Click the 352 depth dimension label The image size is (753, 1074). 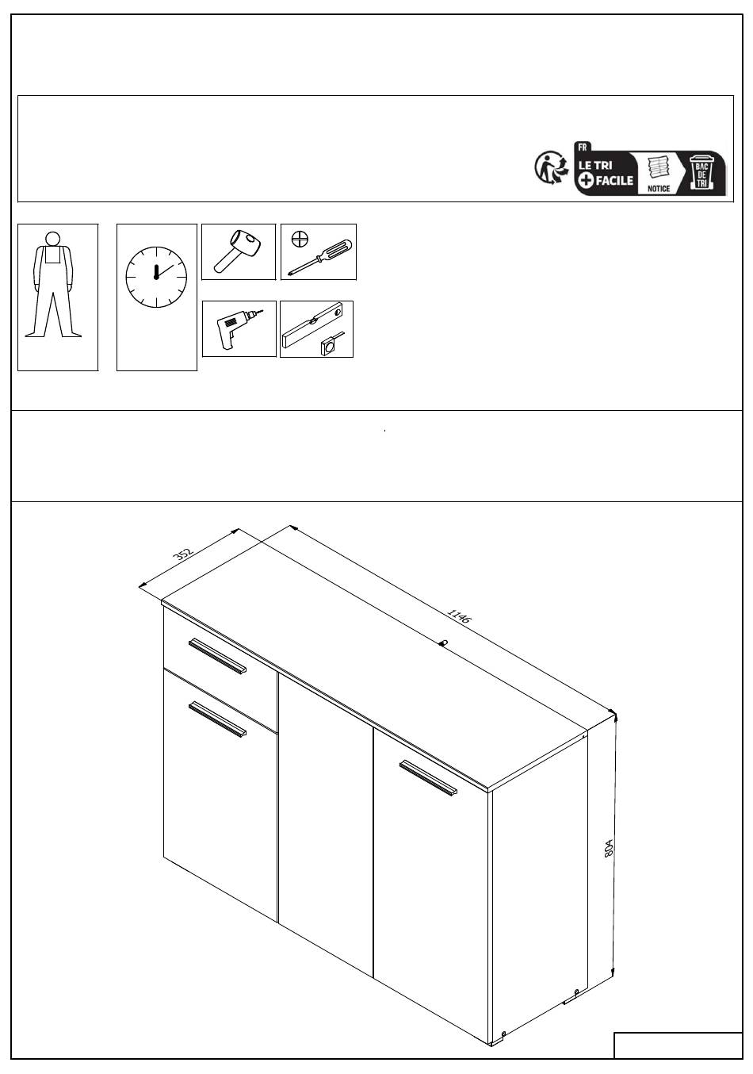pos(182,554)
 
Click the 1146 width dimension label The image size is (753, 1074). pos(460,616)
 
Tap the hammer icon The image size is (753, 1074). pos(238,251)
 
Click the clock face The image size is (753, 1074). pos(157,277)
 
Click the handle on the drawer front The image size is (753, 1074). pos(217,655)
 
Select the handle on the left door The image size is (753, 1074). pos(218,719)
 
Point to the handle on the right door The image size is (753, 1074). pos(428,777)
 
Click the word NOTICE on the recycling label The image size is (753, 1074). pos(659,189)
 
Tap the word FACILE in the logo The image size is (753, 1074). pos(614,180)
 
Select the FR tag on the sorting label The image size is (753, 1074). pos(582,148)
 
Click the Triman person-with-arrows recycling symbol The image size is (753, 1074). pos(551,167)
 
